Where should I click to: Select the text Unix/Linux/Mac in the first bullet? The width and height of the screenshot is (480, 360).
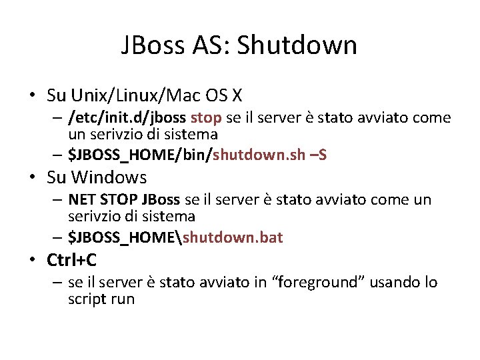[x=124, y=96]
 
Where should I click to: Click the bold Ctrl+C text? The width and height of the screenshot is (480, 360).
[x=71, y=259]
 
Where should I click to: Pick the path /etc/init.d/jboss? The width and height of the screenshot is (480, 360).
[x=128, y=118]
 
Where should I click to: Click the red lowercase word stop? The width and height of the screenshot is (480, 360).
[x=206, y=118]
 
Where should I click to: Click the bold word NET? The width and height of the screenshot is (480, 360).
[x=82, y=199]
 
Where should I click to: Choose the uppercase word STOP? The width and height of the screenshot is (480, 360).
[x=119, y=199]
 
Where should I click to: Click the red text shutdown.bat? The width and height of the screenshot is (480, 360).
[x=233, y=237]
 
